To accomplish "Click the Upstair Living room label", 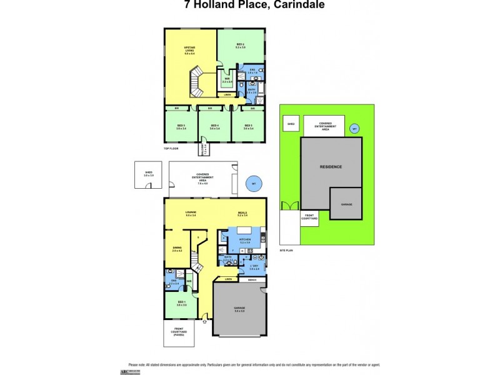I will coord(190,50).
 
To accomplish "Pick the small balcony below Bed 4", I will coord(204,149).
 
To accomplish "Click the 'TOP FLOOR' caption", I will coord(172,148).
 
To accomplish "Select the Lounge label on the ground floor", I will coord(191,214).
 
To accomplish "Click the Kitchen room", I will coord(245,241).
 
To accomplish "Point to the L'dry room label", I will coord(254,267).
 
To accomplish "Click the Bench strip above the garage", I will coord(252,279).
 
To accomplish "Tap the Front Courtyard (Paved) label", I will coord(179,334).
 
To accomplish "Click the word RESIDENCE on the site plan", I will coord(331,167).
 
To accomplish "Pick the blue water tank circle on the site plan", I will coord(354,128).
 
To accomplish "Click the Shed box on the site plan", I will coord(291,124).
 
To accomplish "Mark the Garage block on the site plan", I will coord(346,204).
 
